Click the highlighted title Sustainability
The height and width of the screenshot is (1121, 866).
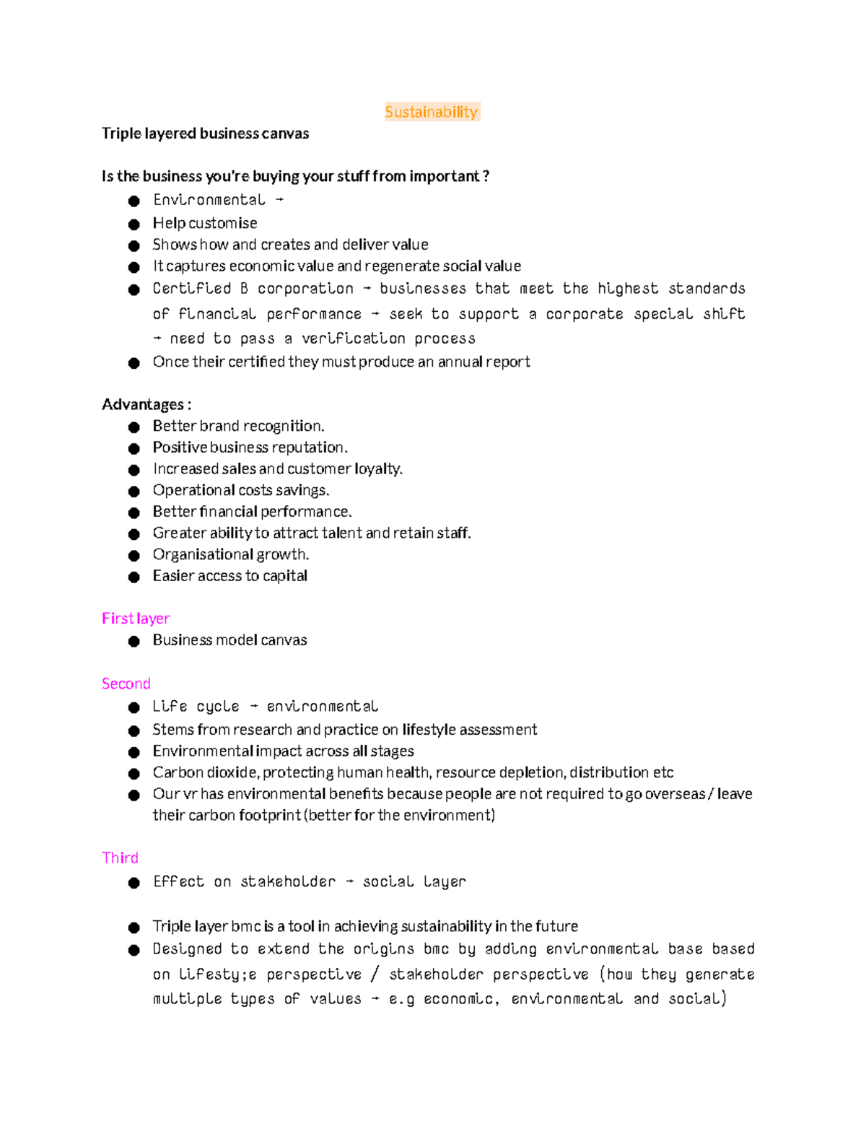coord(432,112)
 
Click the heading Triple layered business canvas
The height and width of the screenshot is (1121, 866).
coord(205,134)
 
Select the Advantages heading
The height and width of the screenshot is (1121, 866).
coord(146,404)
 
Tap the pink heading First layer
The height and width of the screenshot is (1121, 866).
coord(136,619)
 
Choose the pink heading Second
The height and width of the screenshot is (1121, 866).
coord(126,684)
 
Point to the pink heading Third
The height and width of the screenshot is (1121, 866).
coord(120,858)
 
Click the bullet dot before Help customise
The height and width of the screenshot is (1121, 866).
coord(134,224)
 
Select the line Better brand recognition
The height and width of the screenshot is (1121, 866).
coord(238,426)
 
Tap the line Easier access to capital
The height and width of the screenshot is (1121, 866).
coord(229,576)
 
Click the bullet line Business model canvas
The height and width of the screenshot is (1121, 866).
coord(229,640)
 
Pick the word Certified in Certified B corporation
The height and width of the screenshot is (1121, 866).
coord(191,289)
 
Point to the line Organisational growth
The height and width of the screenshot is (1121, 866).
coord(230,554)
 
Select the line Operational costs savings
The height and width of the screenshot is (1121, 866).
coord(240,490)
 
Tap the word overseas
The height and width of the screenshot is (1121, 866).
coord(675,794)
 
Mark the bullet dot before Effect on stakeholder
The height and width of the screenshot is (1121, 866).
coord(134,884)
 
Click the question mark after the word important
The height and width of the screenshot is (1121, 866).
coord(486,177)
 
